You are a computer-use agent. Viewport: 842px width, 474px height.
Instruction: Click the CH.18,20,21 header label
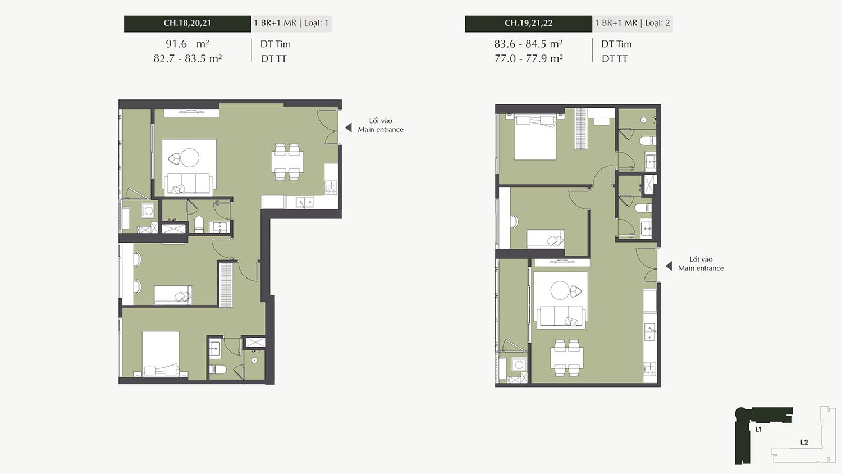coord(187,23)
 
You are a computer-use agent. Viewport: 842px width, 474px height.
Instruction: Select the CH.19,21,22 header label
coord(529,23)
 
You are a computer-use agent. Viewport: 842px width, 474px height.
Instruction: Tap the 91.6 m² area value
coord(187,44)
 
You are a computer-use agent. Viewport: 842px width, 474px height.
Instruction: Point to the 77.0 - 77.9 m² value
coord(529,58)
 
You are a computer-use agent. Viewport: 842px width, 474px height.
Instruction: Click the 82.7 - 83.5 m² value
coord(187,58)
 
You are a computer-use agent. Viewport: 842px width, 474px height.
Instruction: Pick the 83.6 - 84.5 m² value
coord(529,44)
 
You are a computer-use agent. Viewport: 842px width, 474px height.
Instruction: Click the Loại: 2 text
coord(657,23)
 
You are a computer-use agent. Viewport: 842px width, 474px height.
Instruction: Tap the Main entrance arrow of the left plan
coord(349,127)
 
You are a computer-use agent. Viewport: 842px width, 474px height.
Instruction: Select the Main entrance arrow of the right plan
coord(669,266)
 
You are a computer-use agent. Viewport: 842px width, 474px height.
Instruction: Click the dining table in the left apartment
coord(287,162)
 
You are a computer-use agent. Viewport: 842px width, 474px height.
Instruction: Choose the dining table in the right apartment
coord(567,358)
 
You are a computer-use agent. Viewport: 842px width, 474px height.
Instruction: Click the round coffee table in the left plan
coord(190,158)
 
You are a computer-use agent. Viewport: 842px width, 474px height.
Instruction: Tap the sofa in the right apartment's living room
coord(561,316)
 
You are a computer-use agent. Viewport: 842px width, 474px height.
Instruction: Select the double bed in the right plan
coord(535,138)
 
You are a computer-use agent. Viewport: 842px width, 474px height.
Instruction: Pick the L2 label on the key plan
coord(804,443)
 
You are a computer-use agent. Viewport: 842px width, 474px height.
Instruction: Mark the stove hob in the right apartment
coord(649,368)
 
